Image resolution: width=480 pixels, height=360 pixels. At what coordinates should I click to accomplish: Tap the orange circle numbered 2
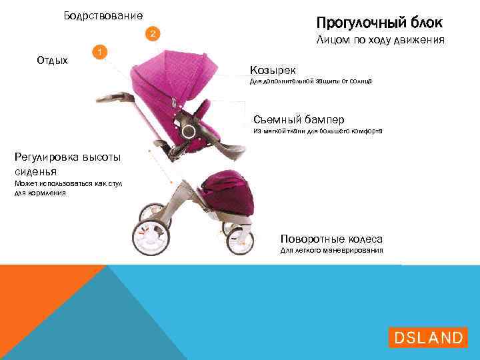pyautogui.click(x=153, y=33)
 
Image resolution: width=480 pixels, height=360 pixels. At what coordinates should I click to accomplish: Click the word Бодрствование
pyautogui.click(x=103, y=15)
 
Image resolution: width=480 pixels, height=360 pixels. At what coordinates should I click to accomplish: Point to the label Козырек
pyautogui.click(x=273, y=70)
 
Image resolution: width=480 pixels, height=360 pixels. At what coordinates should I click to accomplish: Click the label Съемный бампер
pyautogui.click(x=299, y=119)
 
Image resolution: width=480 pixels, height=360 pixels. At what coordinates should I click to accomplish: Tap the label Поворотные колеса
pyautogui.click(x=331, y=239)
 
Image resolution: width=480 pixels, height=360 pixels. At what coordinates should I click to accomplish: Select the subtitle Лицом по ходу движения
pyautogui.click(x=379, y=42)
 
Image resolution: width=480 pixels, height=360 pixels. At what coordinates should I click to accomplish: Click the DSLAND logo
pyautogui.click(x=427, y=337)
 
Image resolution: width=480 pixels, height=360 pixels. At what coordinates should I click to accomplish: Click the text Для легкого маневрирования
pyautogui.click(x=331, y=251)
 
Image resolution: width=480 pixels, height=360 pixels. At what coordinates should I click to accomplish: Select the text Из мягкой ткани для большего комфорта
pyautogui.click(x=317, y=131)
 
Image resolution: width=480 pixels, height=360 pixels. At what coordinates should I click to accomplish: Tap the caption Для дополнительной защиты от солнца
pyautogui.click(x=310, y=81)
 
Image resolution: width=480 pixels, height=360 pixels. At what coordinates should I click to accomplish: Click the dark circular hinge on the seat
pyautogui.click(x=189, y=131)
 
